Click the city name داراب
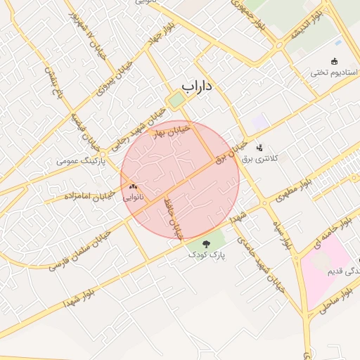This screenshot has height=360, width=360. [x=198, y=86]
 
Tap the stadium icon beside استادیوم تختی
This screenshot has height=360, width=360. [x=334, y=61]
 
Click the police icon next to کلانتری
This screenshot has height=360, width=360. [x=259, y=148]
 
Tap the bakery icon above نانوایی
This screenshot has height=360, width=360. [x=133, y=187]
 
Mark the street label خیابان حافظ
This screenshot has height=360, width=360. [x=176, y=217]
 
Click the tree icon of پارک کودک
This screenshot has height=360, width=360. [x=206, y=244]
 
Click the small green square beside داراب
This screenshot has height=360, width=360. [x=175, y=100]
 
